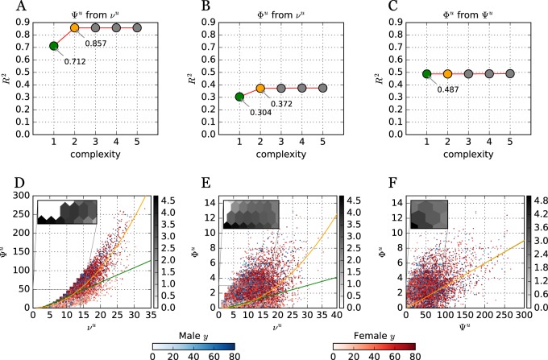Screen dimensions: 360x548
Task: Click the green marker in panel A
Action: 54,46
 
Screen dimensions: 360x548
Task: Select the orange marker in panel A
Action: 75,27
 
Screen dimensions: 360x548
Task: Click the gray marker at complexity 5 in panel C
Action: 509,73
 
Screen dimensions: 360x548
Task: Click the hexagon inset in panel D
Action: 67,212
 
